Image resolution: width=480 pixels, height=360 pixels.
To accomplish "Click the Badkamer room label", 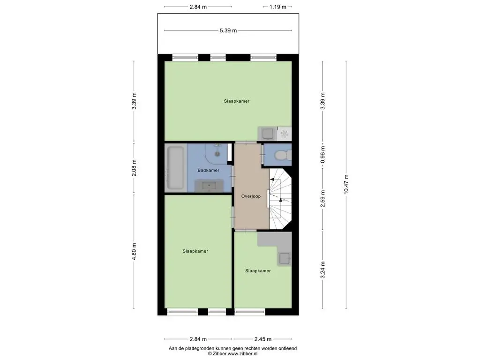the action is pyautogui.click(x=208, y=170).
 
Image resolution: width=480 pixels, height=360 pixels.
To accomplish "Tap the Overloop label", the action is pyautogui.click(x=251, y=196).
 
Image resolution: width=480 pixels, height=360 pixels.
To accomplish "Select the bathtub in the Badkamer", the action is pyautogui.click(x=175, y=168).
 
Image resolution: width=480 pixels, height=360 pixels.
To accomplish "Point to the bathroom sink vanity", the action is pyautogui.click(x=210, y=186).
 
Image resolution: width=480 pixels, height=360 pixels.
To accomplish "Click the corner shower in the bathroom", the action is pyautogui.click(x=217, y=153).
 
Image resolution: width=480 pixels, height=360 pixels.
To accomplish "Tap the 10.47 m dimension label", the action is pyautogui.click(x=346, y=184).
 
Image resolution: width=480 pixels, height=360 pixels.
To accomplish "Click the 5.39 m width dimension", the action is pyautogui.click(x=228, y=30).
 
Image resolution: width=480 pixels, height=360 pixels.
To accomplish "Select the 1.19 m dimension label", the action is pyautogui.click(x=277, y=7).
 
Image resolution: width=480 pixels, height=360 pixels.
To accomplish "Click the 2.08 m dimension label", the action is pyautogui.click(x=134, y=168).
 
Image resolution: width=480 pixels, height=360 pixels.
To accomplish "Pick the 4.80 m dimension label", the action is pyautogui.click(x=134, y=252).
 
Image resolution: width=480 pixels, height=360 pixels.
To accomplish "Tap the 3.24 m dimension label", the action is pyautogui.click(x=322, y=270).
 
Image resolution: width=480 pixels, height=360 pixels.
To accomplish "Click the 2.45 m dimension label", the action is pyautogui.click(x=263, y=339).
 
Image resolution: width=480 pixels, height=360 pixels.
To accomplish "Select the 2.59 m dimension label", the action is pyautogui.click(x=322, y=199).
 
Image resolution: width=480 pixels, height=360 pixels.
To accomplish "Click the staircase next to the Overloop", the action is pyautogui.click(x=280, y=199).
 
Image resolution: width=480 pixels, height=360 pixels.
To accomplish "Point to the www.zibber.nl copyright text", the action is pyautogui.click(x=232, y=353).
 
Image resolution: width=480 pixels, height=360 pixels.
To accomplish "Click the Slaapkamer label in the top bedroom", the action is pyautogui.click(x=237, y=101).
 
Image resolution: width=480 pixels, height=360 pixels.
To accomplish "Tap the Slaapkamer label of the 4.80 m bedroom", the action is pyautogui.click(x=195, y=251).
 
